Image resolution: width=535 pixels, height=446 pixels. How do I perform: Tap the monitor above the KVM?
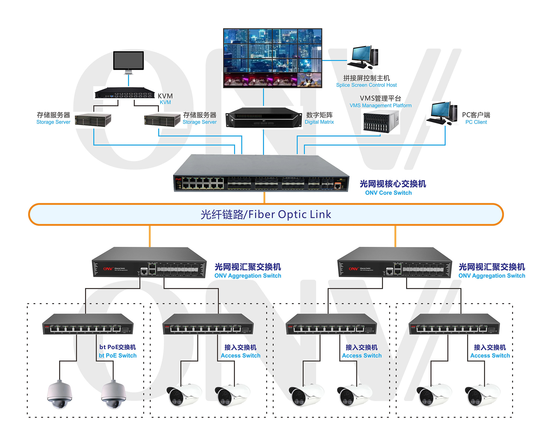click(x=128, y=61)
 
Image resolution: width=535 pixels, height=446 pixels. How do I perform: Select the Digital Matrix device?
click(x=263, y=118)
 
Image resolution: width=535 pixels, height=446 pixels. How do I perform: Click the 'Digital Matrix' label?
click(x=319, y=122)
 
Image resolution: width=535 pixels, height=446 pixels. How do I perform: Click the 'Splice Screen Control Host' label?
click(x=366, y=85)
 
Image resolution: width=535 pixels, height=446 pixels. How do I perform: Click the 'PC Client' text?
click(x=476, y=122)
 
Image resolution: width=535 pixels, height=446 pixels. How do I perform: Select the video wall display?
click(x=273, y=58)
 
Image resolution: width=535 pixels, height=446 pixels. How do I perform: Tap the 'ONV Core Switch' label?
click(x=388, y=193)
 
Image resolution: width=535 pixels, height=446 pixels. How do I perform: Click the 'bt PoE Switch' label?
click(x=118, y=356)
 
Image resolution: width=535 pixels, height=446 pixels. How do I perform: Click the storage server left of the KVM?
click(x=93, y=120)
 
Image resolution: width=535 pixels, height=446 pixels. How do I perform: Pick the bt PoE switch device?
click(x=88, y=324)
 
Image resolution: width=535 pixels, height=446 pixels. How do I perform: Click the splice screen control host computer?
click(x=363, y=57)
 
